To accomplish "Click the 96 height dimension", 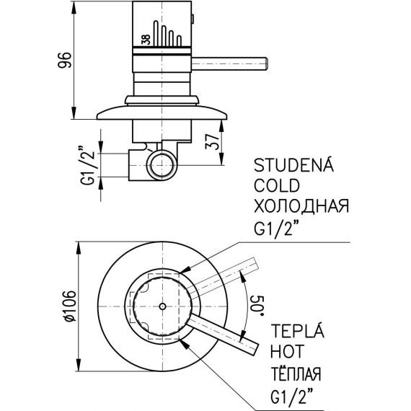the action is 64,60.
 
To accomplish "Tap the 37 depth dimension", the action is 212,141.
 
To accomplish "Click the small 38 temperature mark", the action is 146,40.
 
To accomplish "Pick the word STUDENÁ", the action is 293,165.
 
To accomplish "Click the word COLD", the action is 277,185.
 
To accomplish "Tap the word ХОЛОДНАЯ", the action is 301,205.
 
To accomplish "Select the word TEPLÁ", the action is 297,330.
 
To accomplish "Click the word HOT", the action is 287,351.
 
